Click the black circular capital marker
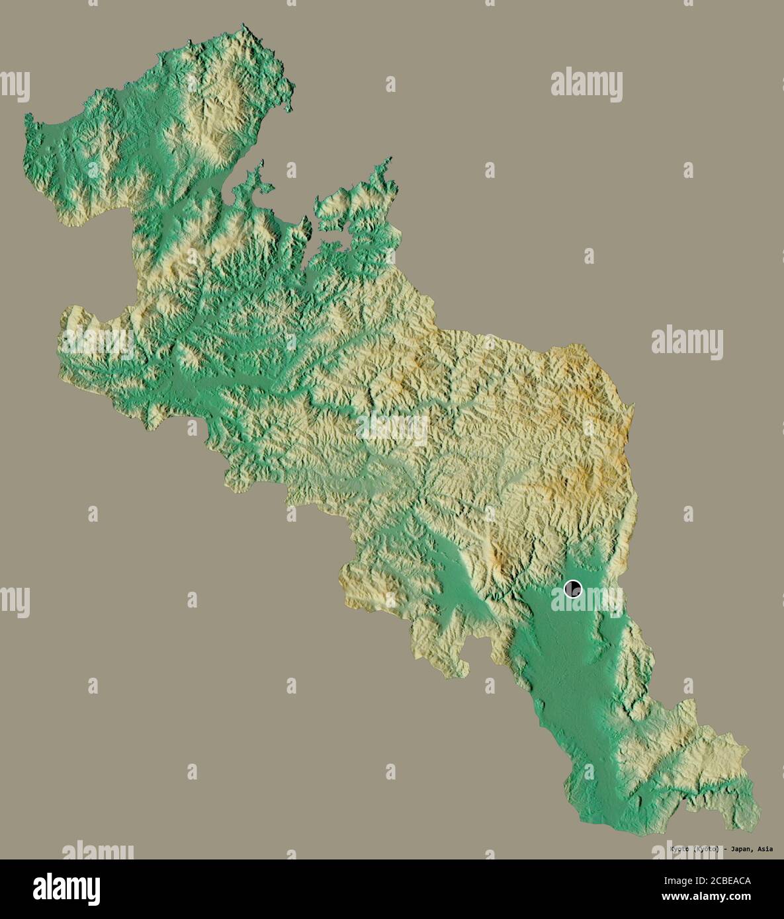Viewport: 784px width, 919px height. point(573,588)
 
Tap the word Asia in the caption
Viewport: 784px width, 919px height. point(764,849)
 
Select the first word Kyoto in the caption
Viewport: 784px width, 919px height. point(679,849)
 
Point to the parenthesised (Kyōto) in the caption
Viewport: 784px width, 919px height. point(706,849)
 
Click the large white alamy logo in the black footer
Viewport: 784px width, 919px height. point(66,889)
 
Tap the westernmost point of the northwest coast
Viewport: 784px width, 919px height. point(28,119)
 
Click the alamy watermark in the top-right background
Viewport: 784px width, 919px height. point(587,85)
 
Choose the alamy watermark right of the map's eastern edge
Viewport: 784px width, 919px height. point(687,342)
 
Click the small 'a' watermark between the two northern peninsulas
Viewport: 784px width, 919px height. point(291,170)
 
